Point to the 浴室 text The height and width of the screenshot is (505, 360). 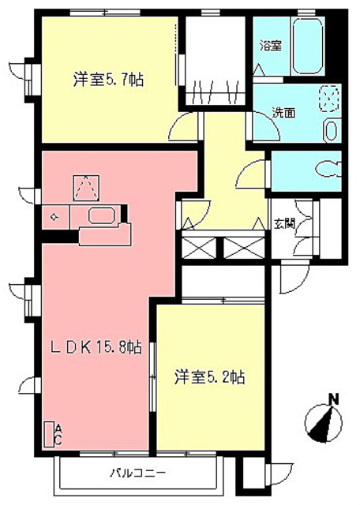pos(270,47)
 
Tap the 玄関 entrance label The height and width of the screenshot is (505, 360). pos(284,223)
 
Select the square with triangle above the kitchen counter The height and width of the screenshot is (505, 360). pos(84,186)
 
